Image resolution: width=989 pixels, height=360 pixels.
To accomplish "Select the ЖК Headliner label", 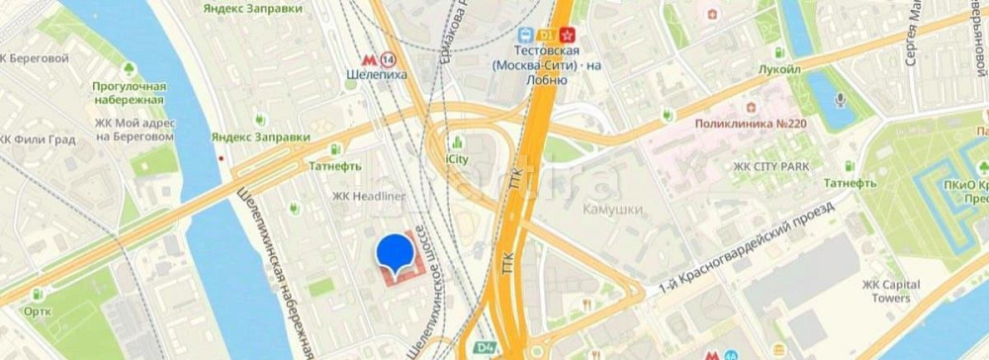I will [369, 196].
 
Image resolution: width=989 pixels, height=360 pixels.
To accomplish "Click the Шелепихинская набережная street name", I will [276, 267].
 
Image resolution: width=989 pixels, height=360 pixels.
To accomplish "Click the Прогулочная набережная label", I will [129, 93].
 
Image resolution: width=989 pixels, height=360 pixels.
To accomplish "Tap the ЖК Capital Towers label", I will [891, 291].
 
